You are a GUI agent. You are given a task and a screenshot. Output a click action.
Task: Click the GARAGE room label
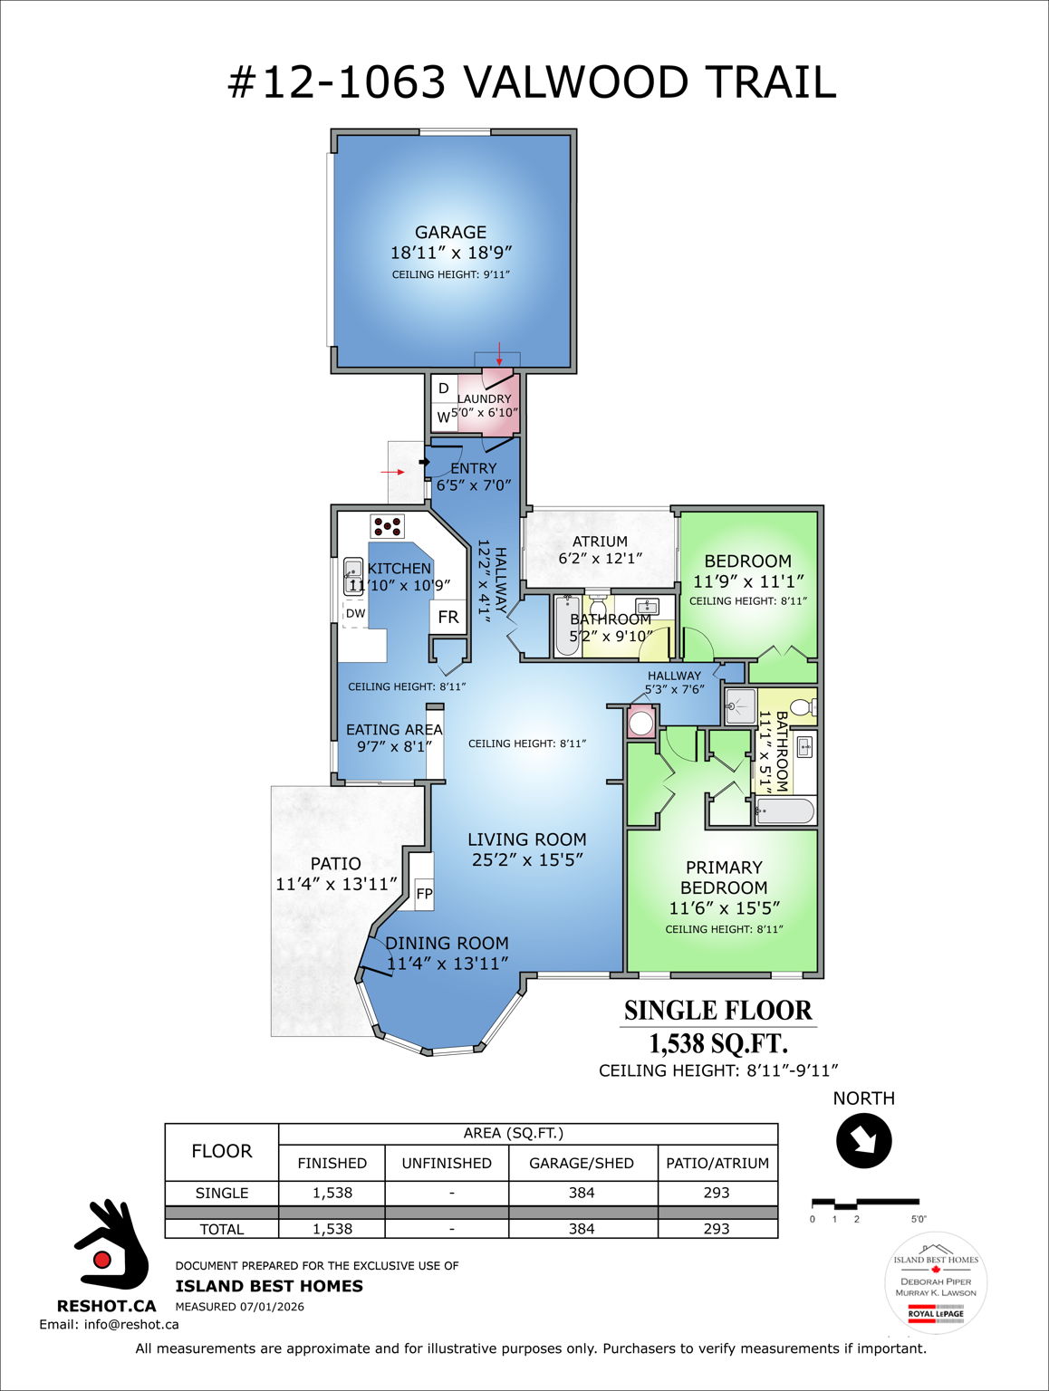(450, 233)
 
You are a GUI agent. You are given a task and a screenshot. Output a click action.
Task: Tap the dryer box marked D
(443, 389)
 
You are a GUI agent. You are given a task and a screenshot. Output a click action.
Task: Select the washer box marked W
(443, 417)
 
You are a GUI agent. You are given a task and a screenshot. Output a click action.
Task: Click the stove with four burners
(387, 525)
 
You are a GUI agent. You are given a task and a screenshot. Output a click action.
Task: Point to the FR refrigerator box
(448, 618)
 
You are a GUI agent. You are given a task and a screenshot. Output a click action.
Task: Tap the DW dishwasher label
(355, 613)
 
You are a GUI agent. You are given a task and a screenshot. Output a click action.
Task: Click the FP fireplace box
(424, 894)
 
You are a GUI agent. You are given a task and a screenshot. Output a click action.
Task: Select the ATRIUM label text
(600, 542)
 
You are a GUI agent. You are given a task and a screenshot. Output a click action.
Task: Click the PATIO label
(335, 864)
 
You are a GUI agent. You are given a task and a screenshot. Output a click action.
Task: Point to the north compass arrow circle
(864, 1141)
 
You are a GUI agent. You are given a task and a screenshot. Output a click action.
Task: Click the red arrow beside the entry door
(392, 472)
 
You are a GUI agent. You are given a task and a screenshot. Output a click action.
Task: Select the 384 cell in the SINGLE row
(582, 1193)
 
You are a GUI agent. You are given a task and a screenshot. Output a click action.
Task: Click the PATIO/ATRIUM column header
(717, 1163)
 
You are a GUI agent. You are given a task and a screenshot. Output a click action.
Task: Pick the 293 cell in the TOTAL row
(717, 1229)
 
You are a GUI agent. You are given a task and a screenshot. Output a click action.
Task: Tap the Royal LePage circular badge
(936, 1283)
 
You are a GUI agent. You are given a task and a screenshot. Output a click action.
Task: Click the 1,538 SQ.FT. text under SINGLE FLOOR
(718, 1044)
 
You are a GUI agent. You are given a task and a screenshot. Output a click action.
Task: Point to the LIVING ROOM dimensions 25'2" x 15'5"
(527, 860)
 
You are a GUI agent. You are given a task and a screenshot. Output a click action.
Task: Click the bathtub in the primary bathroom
(784, 811)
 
